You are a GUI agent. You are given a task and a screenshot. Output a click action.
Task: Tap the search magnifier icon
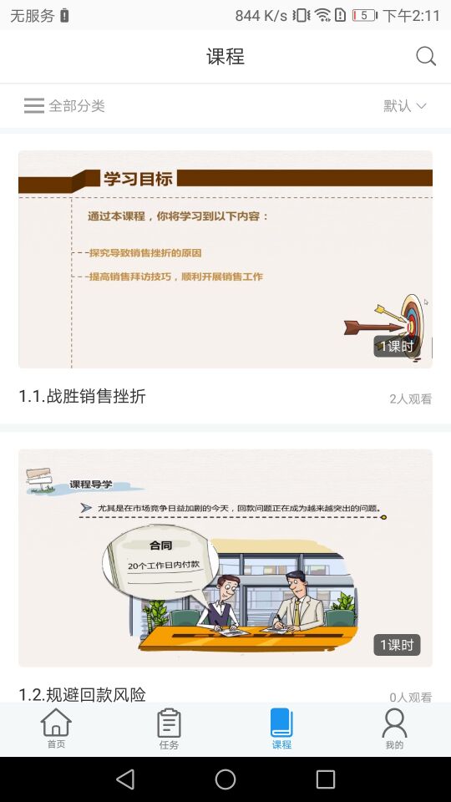[x=426, y=56]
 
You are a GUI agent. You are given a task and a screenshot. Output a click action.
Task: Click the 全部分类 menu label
[x=77, y=106]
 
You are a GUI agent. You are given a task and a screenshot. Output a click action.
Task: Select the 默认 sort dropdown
[x=404, y=106]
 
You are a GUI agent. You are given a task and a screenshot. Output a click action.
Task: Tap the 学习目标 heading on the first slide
[x=138, y=179]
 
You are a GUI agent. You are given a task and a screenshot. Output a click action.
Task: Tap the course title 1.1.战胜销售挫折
[x=83, y=396]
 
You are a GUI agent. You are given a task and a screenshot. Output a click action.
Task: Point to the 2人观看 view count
[x=411, y=399]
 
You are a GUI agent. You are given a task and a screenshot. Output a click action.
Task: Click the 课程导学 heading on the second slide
[x=91, y=485]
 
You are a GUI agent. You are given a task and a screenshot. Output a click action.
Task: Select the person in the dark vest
[x=220, y=602]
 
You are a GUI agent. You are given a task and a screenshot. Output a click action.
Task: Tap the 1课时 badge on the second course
[x=397, y=645]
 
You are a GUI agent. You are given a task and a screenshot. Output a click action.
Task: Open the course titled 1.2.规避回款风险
[x=83, y=694]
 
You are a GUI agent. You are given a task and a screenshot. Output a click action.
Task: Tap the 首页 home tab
[x=56, y=728]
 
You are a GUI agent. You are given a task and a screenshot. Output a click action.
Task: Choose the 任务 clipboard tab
[x=169, y=728]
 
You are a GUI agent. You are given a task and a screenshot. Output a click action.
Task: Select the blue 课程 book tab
[x=281, y=728]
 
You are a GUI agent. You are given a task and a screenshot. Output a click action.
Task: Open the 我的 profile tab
[x=394, y=728]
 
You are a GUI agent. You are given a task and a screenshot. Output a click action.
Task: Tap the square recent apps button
[x=326, y=779]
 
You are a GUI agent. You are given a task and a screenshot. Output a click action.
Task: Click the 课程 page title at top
[x=225, y=56]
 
